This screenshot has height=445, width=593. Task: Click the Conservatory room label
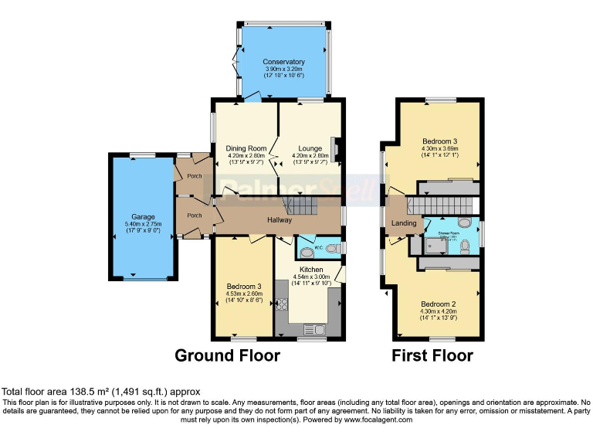click(283, 62)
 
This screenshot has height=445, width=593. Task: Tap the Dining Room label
click(246, 148)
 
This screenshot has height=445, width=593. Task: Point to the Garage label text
click(143, 217)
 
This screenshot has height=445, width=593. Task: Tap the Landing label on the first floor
click(404, 223)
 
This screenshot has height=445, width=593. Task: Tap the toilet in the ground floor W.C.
click(332, 249)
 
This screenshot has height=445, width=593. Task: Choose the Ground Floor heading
click(227, 356)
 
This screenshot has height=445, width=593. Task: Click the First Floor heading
click(432, 356)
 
